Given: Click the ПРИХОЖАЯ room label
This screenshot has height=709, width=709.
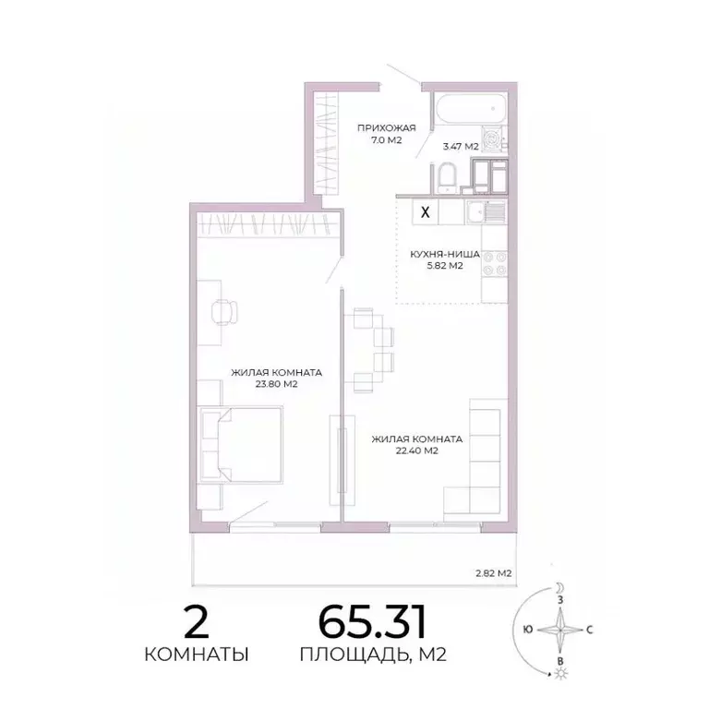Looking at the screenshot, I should coord(387,127).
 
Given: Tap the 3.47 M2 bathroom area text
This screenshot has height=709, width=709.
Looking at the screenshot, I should coord(460,146).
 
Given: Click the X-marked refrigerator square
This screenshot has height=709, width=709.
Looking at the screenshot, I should coord(425,211).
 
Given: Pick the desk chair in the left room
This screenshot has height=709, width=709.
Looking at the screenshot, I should coord(222,311).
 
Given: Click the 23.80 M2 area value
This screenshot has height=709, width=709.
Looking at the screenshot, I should coord(276,385).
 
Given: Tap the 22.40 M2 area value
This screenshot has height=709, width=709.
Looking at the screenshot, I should coord(417,451).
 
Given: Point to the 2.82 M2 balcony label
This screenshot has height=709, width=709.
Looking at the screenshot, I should coord(493,573).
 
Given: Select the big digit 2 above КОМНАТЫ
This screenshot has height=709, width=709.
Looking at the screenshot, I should coord(196,623).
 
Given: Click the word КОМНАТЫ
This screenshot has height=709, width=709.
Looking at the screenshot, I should coord(196,655).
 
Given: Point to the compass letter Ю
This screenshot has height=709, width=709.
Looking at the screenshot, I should coord(526,630).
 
